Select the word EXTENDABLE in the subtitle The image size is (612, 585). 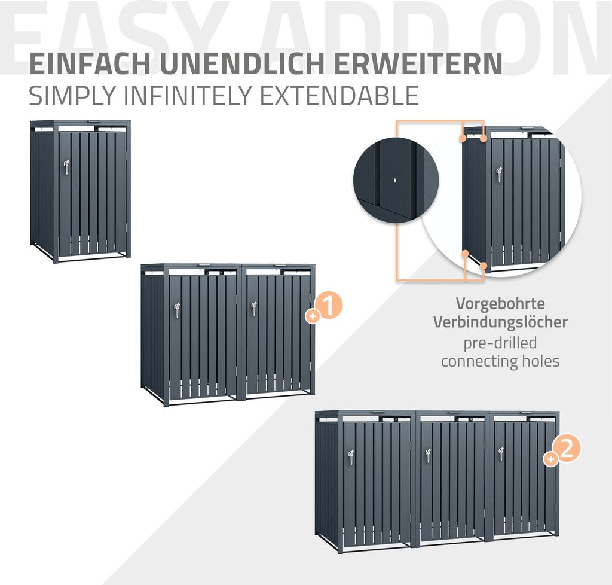[x=339, y=95]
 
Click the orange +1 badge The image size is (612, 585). [x=325, y=307]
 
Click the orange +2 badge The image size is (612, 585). [x=562, y=450]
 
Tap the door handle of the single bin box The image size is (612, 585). [x=66, y=167]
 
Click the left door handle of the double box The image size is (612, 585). [x=177, y=311]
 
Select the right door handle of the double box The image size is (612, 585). [x=253, y=310]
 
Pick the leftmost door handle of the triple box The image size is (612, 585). [x=351, y=458]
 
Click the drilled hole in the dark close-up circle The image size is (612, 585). [x=396, y=181]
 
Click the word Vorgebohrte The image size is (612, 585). [x=500, y=303]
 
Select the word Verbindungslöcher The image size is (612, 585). [x=500, y=322]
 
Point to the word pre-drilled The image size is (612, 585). [x=500, y=343]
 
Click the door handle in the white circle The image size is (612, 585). [x=499, y=175]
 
